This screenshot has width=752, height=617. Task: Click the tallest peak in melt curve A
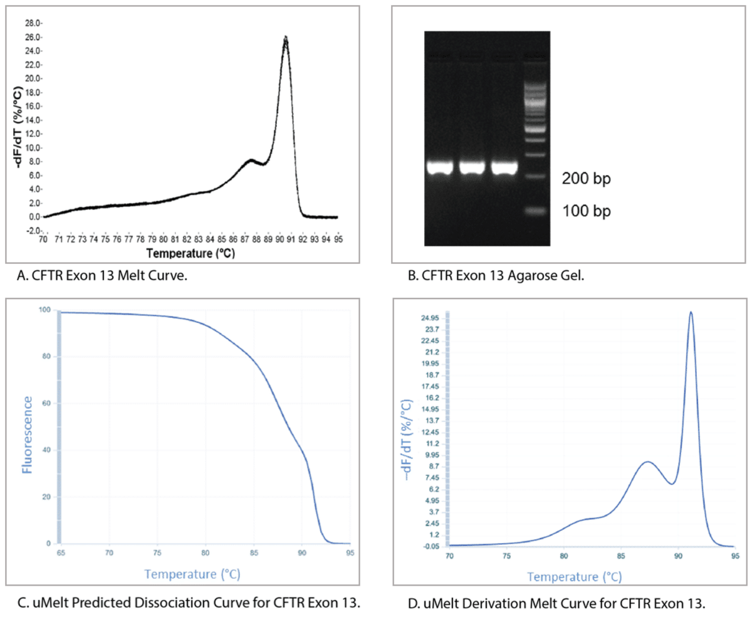click(286, 38)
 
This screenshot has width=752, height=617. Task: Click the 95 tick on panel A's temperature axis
click(338, 239)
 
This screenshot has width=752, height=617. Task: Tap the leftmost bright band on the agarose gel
click(439, 167)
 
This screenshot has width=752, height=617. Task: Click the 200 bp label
click(586, 179)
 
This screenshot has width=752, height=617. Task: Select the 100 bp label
click(586, 211)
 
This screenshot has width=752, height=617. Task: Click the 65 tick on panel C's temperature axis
click(59, 554)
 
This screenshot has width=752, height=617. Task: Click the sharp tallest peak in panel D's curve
click(691, 312)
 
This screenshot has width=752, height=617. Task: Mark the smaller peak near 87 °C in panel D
click(647, 462)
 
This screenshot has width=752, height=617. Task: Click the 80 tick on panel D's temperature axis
click(564, 556)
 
